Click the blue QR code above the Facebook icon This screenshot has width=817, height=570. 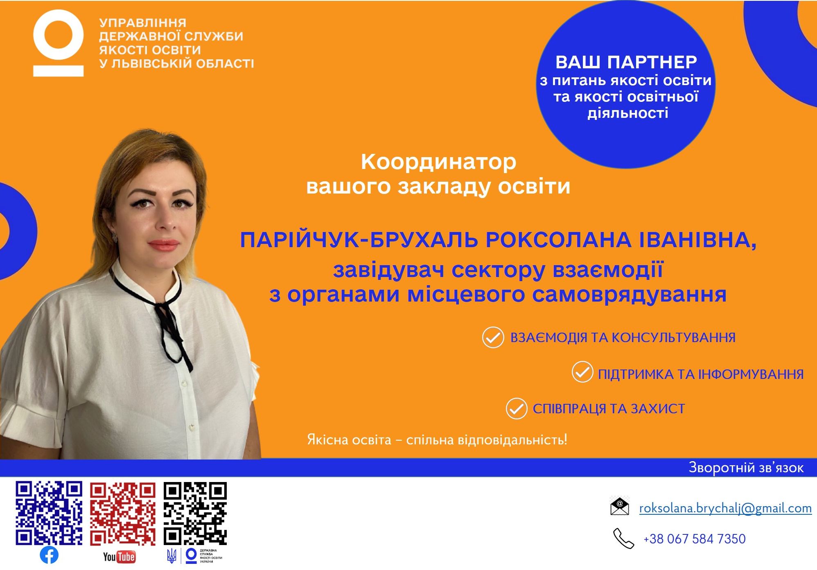[x=49, y=514]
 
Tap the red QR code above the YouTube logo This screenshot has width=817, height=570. [x=123, y=514]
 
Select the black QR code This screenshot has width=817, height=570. [x=195, y=514]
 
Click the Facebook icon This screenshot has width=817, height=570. [x=49, y=555]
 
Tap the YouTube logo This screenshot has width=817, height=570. [x=119, y=556]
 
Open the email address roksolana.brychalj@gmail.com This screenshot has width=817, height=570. [x=725, y=508]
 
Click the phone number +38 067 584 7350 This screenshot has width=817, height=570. [x=694, y=539]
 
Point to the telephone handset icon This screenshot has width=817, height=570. [x=623, y=538]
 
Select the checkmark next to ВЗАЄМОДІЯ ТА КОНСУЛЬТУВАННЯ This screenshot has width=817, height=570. [x=493, y=338]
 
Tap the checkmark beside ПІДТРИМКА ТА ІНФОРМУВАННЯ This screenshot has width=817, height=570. [x=582, y=372]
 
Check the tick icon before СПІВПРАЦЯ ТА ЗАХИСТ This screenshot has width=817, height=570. [x=516, y=408]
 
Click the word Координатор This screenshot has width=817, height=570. [x=438, y=162]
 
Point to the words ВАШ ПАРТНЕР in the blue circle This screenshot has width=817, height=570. [x=626, y=62]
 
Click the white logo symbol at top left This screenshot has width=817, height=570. [x=59, y=43]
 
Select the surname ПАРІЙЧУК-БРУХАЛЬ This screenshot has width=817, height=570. [x=359, y=240]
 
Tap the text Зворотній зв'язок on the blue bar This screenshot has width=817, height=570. [x=746, y=467]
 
